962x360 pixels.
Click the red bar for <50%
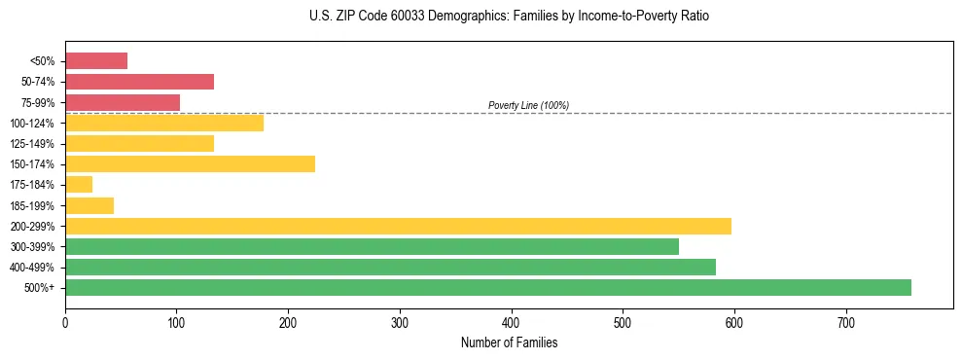(96, 61)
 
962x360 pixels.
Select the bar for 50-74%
(139, 82)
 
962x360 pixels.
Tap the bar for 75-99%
(123, 102)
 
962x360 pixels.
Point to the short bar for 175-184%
(79, 184)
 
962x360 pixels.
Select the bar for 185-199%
(89, 205)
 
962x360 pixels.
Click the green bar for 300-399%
(372, 246)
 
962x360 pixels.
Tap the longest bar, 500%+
(488, 287)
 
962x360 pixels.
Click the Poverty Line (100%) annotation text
(528, 105)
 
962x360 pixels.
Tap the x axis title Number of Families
(509, 342)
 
